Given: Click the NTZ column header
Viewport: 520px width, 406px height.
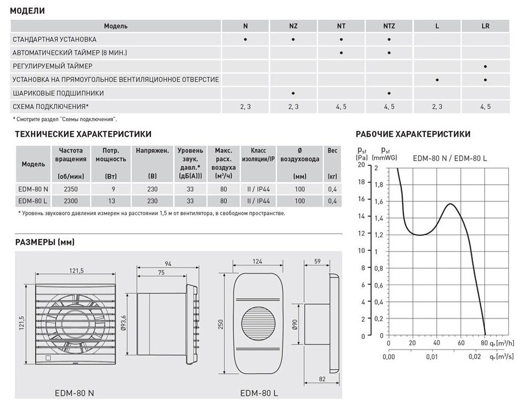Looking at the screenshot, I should [x=388, y=26].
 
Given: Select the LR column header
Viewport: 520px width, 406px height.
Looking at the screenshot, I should [x=485, y=26].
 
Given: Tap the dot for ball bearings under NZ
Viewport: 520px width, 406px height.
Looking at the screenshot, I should [x=293, y=93].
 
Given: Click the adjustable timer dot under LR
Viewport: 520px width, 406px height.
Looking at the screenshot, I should [x=485, y=66].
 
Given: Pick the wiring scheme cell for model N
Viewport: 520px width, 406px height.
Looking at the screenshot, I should [x=245, y=107].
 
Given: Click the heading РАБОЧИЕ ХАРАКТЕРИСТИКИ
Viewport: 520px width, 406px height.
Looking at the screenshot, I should [x=412, y=135].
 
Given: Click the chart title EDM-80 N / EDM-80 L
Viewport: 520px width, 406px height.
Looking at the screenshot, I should [x=450, y=159].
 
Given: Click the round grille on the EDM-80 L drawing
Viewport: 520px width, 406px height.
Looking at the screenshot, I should [x=257, y=325].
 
